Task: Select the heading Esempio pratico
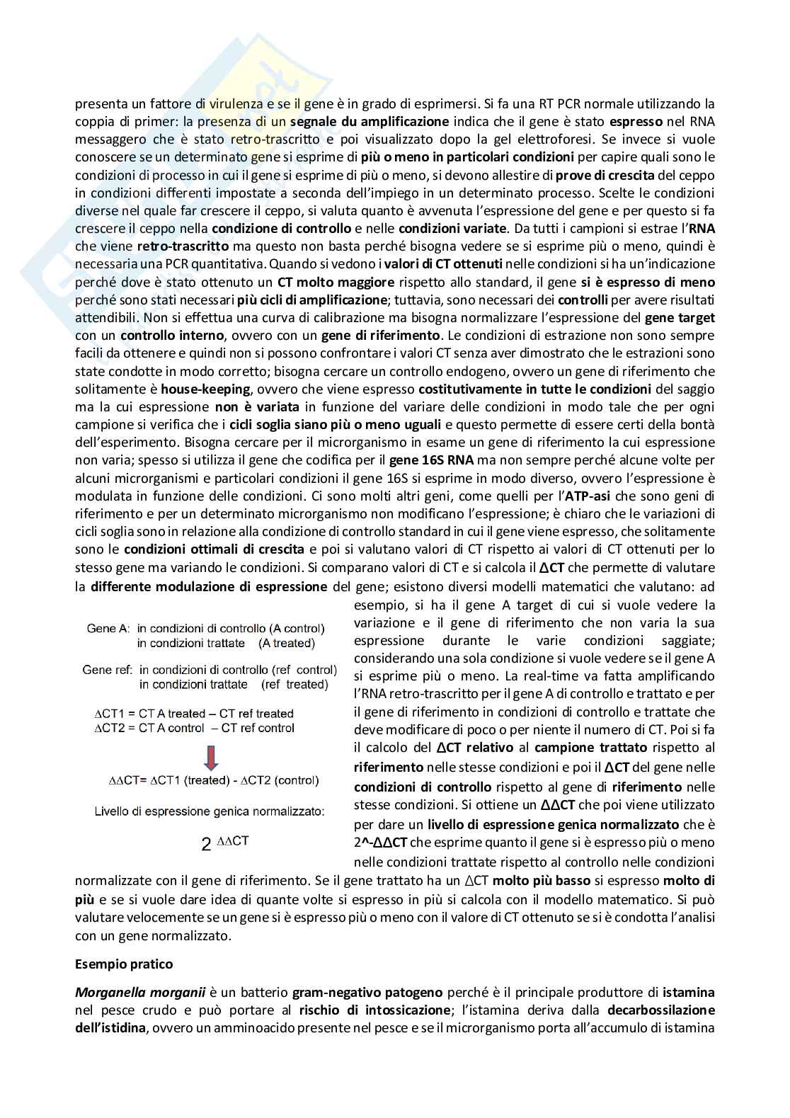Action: pos(124,964)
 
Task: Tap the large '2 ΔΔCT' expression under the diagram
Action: pos(224,843)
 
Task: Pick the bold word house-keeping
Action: pos(200,389)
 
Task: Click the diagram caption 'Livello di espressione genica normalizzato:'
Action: pos(210,811)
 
